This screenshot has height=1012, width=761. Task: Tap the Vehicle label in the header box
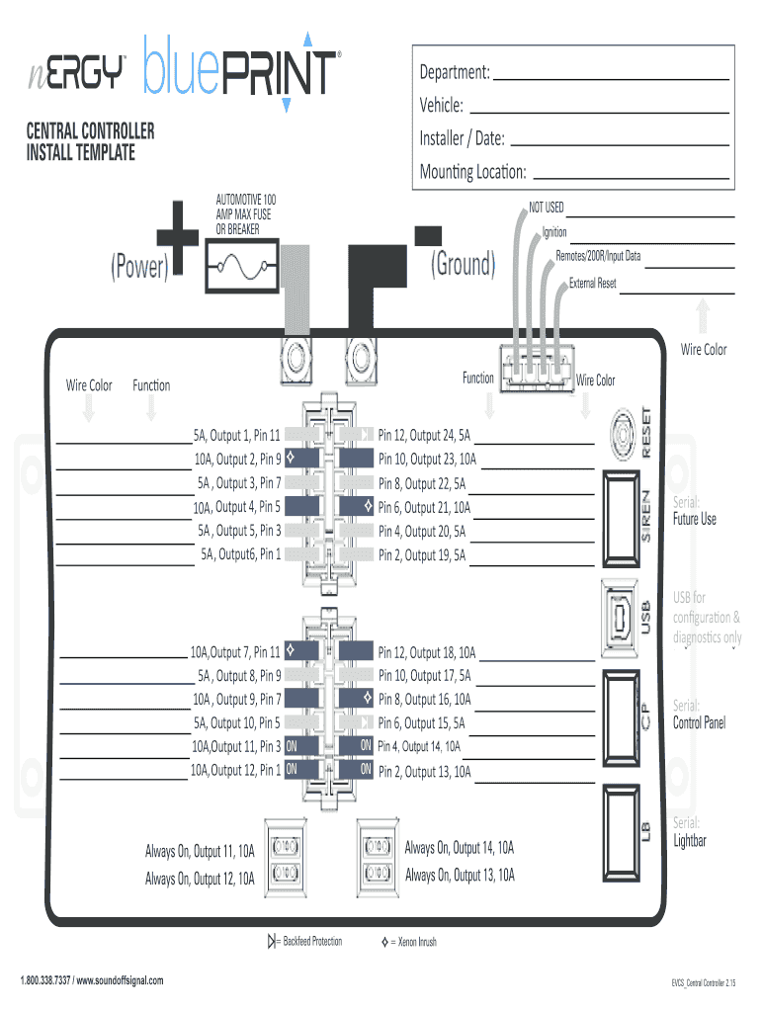[x=441, y=106]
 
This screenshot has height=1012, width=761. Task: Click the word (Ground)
[x=463, y=264]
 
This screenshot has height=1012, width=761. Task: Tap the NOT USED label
[x=546, y=208]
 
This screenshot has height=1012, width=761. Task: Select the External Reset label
[x=593, y=284]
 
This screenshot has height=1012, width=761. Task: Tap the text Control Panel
[x=699, y=723]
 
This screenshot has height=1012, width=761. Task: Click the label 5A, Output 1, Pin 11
[x=237, y=435]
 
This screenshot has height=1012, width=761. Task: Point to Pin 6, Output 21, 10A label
[x=424, y=508]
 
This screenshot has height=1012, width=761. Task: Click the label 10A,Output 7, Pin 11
[x=235, y=652]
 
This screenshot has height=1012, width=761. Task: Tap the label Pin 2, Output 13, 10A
[x=424, y=772]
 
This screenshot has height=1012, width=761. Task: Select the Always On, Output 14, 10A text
[x=460, y=848]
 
